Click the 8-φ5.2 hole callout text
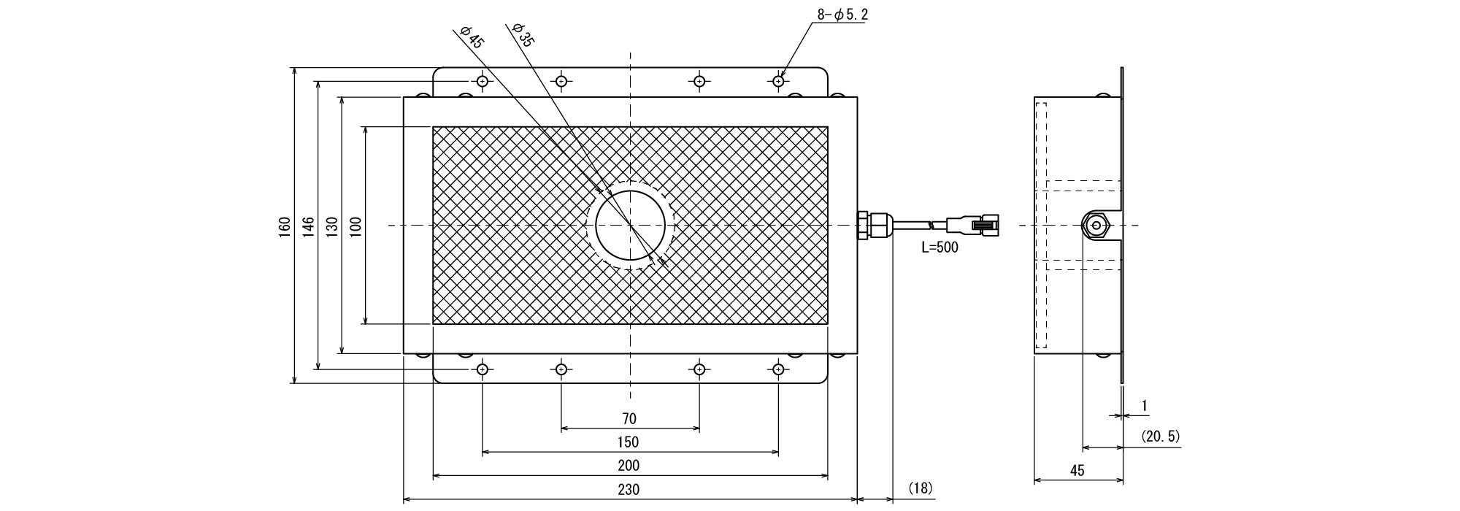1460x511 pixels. click(x=842, y=14)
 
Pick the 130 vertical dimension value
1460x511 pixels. click(x=332, y=226)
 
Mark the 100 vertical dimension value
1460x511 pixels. click(x=356, y=226)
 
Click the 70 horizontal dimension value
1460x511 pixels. click(x=629, y=419)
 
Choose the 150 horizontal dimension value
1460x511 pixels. click(x=628, y=442)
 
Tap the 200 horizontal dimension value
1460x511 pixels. click(x=628, y=465)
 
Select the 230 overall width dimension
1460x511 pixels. click(x=628, y=489)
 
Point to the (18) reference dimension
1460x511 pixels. click(x=921, y=487)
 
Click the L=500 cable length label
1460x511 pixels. click(x=940, y=247)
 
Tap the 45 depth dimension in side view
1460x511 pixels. click(x=1077, y=471)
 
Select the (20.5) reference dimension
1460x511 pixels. click(x=1160, y=437)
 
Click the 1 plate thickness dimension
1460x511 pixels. click(x=1144, y=405)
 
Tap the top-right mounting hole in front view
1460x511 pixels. click(x=779, y=81)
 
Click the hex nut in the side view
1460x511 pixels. click(x=1096, y=226)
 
